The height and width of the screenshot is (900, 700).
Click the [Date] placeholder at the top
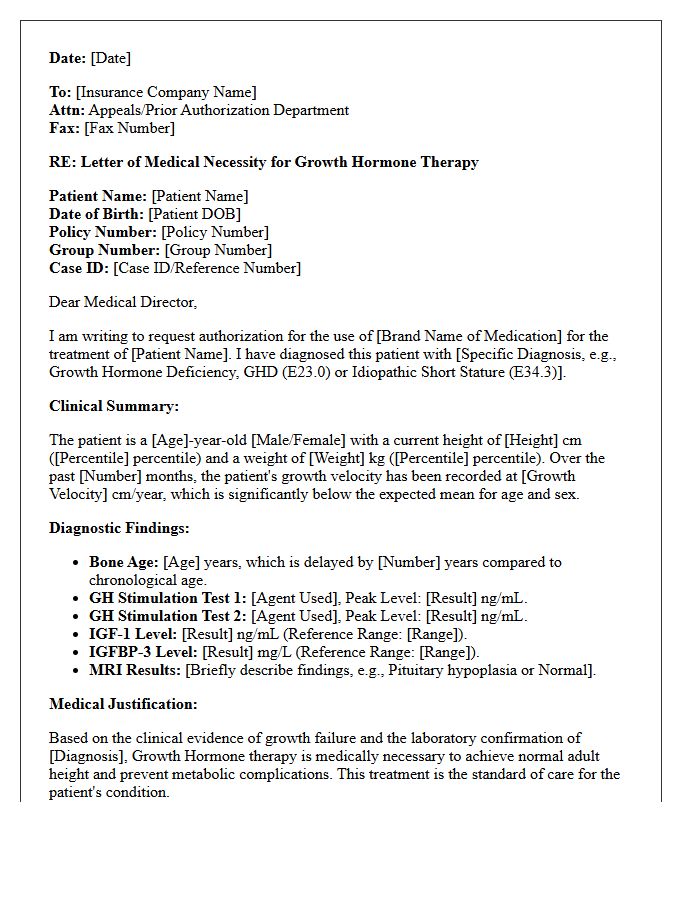111,58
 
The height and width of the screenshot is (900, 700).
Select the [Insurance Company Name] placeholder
166,92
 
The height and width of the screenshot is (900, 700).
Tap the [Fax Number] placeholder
129,128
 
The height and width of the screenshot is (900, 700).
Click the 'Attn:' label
67,110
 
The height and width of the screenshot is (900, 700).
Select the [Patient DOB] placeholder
194,214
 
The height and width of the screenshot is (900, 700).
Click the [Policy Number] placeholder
216,232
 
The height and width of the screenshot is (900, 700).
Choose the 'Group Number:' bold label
104,250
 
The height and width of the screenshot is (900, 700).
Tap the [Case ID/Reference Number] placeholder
207,268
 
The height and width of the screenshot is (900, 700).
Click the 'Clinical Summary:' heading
114,406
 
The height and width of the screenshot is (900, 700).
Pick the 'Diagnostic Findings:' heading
119,528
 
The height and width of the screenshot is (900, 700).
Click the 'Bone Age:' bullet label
124,562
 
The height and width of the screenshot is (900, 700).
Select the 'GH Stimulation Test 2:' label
167,616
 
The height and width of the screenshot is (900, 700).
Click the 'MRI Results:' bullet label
135,670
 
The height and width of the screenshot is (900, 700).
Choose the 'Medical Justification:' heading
123,704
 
